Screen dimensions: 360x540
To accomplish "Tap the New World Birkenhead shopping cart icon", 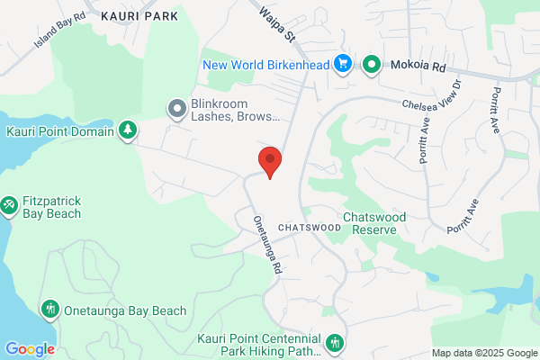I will click(x=342, y=64).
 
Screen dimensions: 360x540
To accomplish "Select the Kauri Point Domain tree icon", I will click(x=129, y=131).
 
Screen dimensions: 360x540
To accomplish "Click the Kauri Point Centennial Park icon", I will click(x=335, y=341).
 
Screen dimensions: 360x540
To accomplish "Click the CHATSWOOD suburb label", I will click(x=310, y=228).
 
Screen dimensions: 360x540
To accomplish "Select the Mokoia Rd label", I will click(x=418, y=65).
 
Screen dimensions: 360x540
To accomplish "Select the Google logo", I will click(x=30, y=349).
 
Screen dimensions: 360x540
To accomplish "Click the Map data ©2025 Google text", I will click(x=483, y=352).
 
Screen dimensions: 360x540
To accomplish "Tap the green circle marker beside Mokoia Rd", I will click(x=371, y=64).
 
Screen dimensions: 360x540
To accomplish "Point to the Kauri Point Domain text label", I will click(x=59, y=132).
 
